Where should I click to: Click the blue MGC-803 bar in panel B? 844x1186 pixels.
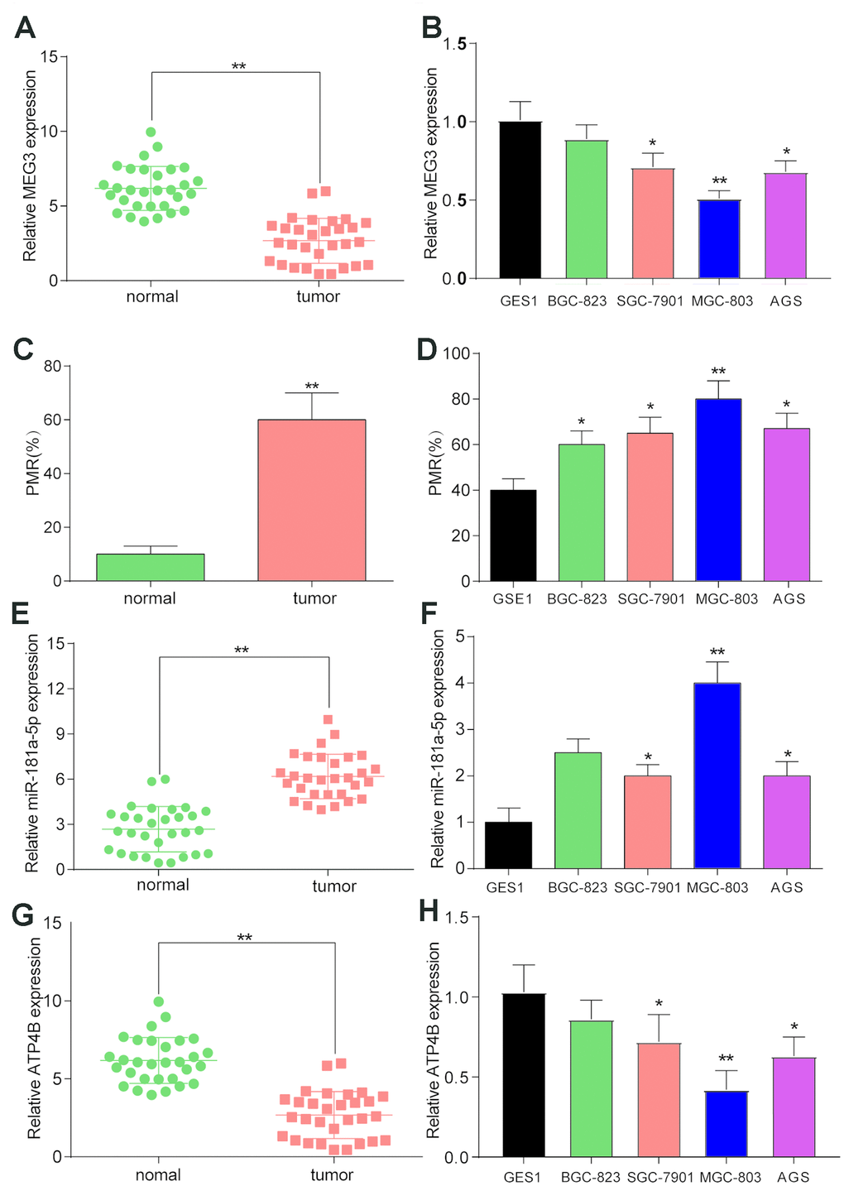pyautogui.click(x=720, y=239)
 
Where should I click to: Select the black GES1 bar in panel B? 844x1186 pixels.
pyautogui.click(x=520, y=199)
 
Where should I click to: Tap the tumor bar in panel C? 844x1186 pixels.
pyautogui.click(x=311, y=500)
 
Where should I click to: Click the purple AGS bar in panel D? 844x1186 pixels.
pyautogui.click(x=786, y=505)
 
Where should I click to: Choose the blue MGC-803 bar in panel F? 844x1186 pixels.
pyautogui.click(x=717, y=775)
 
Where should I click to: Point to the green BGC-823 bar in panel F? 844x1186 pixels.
pyautogui.click(x=577, y=810)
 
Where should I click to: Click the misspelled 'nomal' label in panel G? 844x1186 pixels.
pyautogui.click(x=158, y=1174)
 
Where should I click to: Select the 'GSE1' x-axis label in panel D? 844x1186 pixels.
pyautogui.click(x=512, y=598)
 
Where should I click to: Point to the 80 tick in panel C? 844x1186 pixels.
pyautogui.click(x=52, y=366)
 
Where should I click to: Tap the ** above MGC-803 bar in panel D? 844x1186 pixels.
pyautogui.click(x=717, y=371)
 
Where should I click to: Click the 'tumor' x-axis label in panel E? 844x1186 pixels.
pyautogui.click(x=334, y=886)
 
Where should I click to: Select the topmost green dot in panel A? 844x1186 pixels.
pyautogui.click(x=151, y=132)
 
